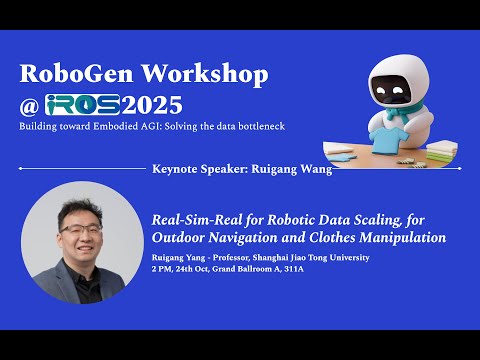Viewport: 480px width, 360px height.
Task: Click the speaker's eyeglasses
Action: click(78, 228)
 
